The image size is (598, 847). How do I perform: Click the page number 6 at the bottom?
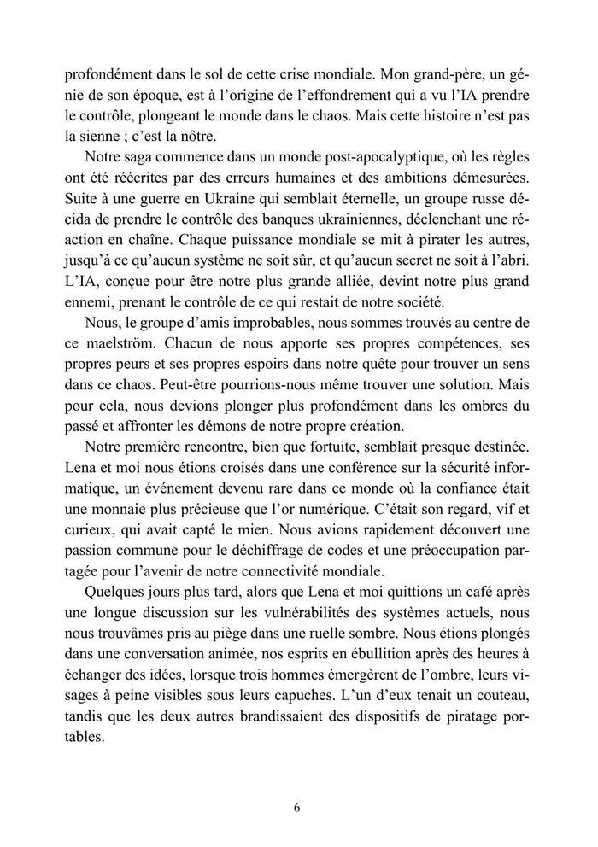coord(296,806)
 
